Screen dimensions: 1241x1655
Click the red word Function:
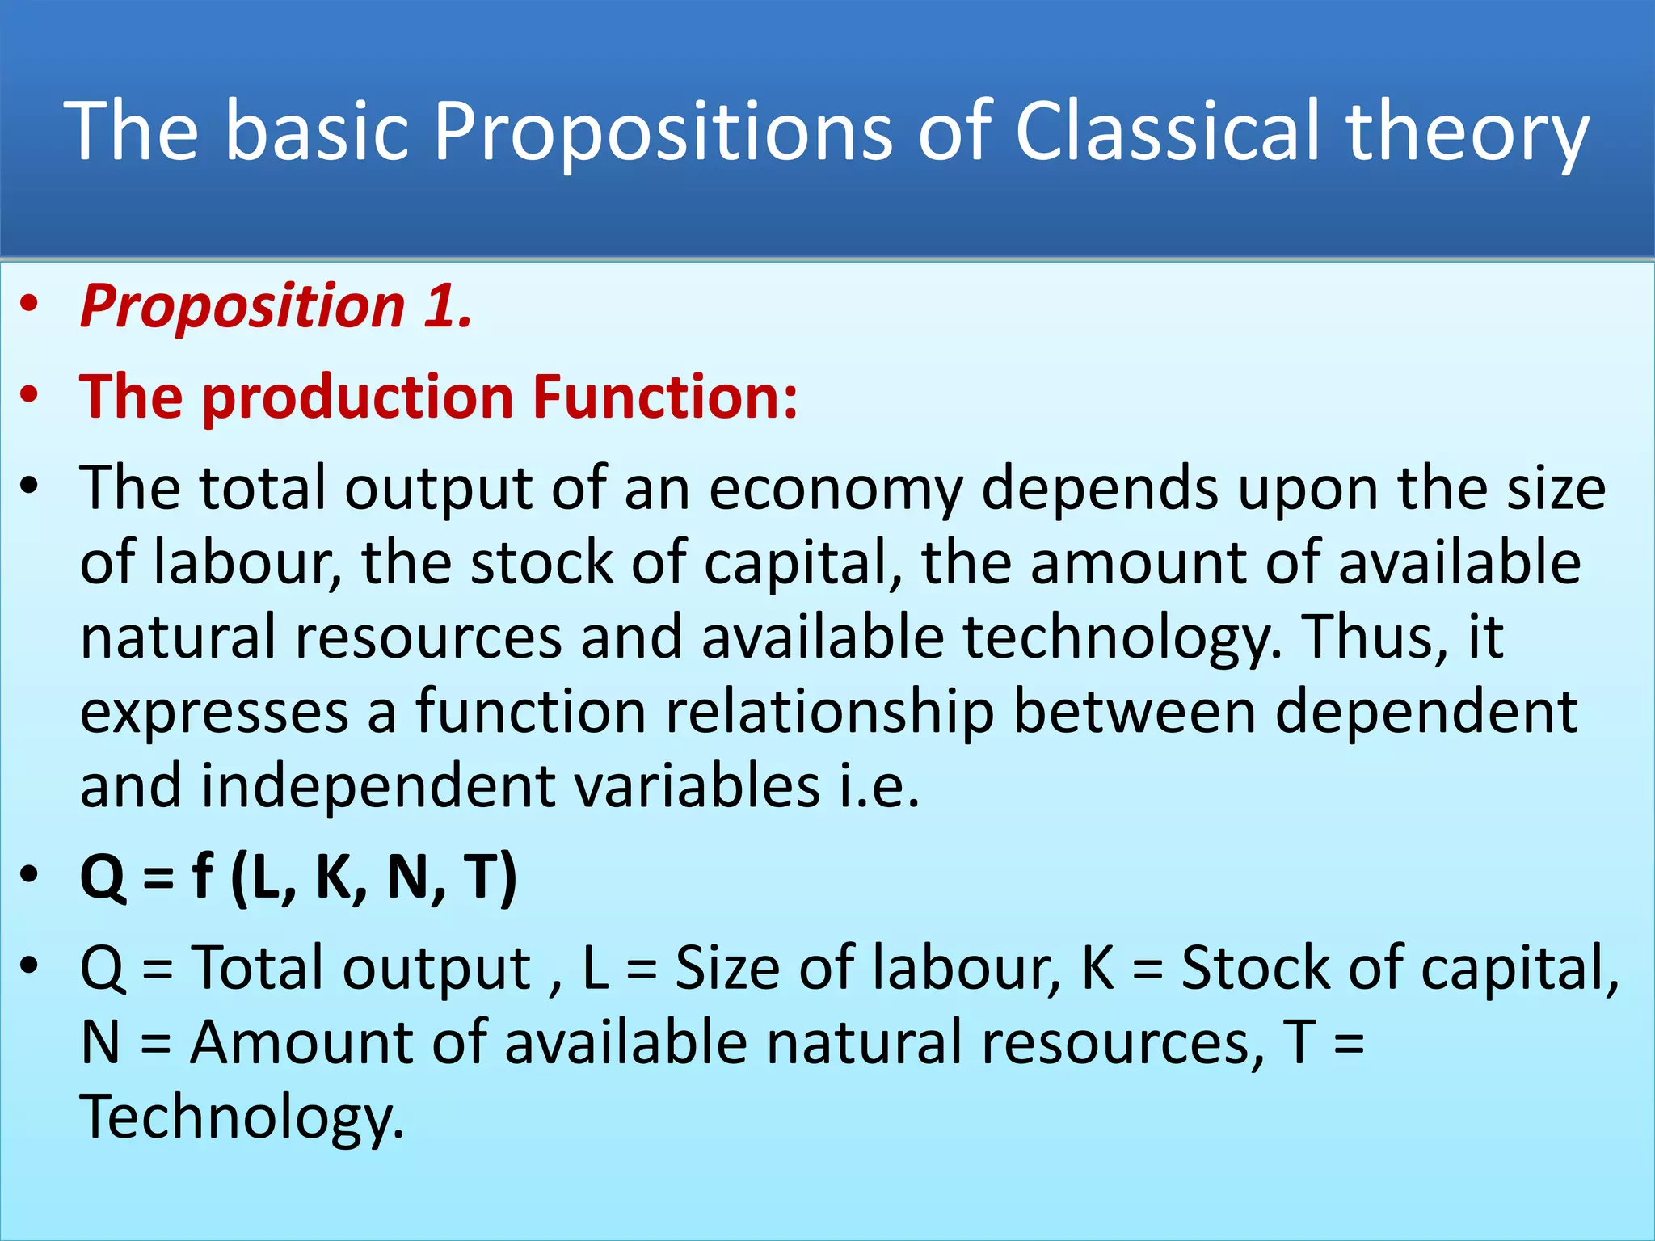[664, 397]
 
